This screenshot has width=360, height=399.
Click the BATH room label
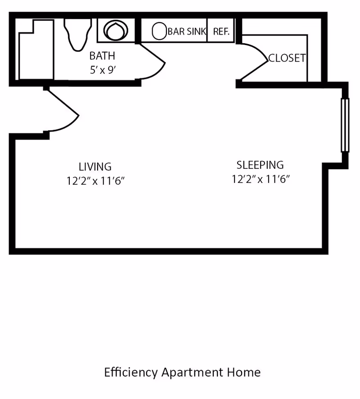(x=102, y=56)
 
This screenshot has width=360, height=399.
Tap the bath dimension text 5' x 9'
(x=103, y=70)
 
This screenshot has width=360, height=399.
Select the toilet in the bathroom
(x=78, y=34)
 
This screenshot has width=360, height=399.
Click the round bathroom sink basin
(x=116, y=31)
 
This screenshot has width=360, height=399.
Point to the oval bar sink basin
(x=159, y=31)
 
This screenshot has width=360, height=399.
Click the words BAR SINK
(x=187, y=32)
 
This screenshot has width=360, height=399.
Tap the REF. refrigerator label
(x=221, y=32)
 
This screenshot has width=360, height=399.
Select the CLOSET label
(x=287, y=58)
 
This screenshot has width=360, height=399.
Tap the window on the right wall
(x=345, y=125)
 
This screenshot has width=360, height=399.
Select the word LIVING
(x=95, y=167)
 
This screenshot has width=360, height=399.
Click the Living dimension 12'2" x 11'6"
(x=95, y=181)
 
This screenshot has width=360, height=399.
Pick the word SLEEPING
(x=260, y=165)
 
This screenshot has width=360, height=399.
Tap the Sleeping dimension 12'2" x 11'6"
(x=261, y=179)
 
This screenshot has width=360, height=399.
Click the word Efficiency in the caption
(x=131, y=372)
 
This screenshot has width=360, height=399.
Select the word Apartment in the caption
(x=192, y=373)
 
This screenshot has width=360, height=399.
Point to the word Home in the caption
(x=244, y=372)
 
